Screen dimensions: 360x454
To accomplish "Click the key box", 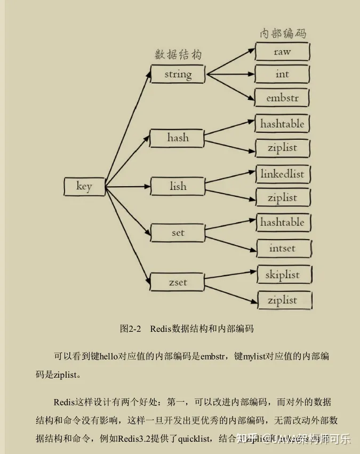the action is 84,186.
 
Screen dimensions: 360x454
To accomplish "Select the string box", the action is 178,74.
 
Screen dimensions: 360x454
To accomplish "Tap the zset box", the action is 178,282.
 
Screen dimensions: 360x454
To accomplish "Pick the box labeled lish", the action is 178,186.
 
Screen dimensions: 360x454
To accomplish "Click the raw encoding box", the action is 282,52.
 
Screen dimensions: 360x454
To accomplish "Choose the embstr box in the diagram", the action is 282,98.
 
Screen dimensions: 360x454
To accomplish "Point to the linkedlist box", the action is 282,174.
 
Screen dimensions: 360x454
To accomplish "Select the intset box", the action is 282,248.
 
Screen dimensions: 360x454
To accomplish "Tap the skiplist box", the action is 282,275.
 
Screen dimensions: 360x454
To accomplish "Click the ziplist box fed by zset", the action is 282,300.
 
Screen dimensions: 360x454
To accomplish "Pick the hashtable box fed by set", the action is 282,222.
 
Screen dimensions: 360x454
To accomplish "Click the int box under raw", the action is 282,74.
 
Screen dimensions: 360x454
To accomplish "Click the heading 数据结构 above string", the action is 178,55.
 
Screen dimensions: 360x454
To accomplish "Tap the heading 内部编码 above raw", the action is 283,33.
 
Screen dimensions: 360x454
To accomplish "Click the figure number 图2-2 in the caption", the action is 130,329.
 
